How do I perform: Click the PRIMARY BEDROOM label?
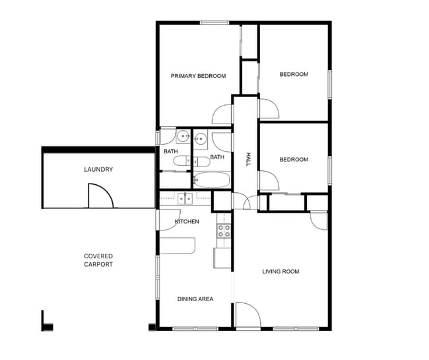click(x=198, y=76)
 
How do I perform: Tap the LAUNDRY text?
click(x=98, y=170)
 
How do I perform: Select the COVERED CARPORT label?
click(x=98, y=260)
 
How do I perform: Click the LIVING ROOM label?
click(x=280, y=271)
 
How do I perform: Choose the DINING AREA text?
click(x=195, y=299)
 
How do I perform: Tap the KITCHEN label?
click(x=187, y=221)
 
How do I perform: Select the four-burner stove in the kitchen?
click(x=224, y=231)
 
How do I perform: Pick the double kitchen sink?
click(x=184, y=198)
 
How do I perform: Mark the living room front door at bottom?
click(x=247, y=315)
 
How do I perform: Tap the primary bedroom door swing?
click(x=222, y=114)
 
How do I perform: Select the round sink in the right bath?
click(x=200, y=138)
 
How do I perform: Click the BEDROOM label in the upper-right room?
click(x=294, y=75)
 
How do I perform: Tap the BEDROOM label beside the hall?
click(x=294, y=159)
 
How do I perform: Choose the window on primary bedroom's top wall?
click(x=214, y=23)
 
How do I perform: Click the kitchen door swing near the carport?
click(x=166, y=221)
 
